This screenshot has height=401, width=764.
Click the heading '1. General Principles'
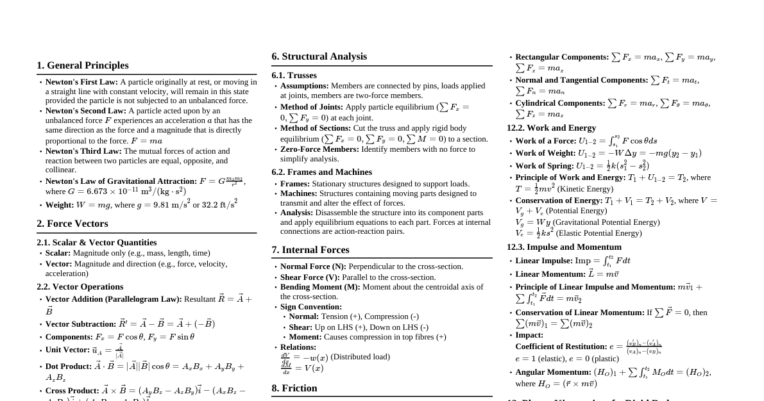pos(82,65)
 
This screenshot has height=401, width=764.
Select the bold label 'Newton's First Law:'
pos(81,82)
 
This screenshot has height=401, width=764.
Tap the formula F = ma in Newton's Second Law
pos(146,141)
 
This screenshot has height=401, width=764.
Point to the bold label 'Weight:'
pos(59,205)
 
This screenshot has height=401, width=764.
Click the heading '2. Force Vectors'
pos(72,224)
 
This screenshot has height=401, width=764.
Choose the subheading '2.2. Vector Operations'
pos(80,287)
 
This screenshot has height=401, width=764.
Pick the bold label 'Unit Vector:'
pos(67,350)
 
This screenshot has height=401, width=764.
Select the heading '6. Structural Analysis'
pos(319,56)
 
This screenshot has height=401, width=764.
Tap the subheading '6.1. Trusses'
pos(294,76)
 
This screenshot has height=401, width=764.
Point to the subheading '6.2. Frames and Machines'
pos(321,172)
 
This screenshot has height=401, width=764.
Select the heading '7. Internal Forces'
pos(310,250)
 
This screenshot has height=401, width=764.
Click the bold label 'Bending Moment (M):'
pos(320,287)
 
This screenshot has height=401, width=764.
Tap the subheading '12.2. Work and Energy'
pos(551,128)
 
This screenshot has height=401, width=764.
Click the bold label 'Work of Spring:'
pos(544,166)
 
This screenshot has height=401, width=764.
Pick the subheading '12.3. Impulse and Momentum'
pos(564,247)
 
